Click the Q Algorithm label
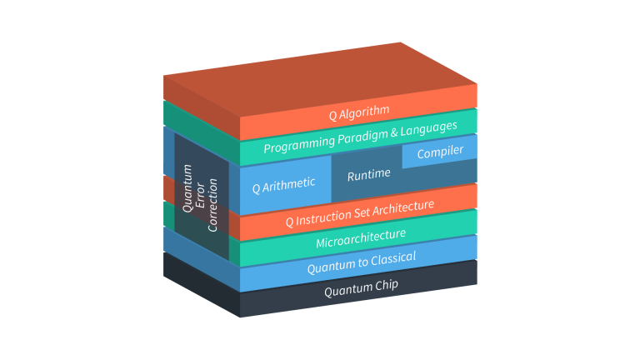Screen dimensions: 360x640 (x=358, y=111)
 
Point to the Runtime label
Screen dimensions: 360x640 (x=368, y=175)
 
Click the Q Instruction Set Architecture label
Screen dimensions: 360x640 (x=359, y=213)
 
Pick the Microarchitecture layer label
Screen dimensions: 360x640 (x=360, y=238)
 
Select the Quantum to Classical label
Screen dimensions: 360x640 (x=361, y=262)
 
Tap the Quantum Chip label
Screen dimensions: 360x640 (x=361, y=287)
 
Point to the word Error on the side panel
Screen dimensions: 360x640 (x=200, y=194)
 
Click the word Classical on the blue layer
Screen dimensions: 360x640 (x=391, y=258)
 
